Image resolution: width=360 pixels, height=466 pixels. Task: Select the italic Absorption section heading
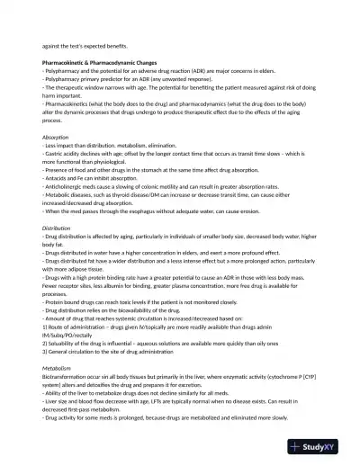(x=56, y=137)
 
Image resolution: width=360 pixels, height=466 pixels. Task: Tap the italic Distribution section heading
(x=58, y=229)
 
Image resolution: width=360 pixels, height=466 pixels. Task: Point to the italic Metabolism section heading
(x=57, y=367)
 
